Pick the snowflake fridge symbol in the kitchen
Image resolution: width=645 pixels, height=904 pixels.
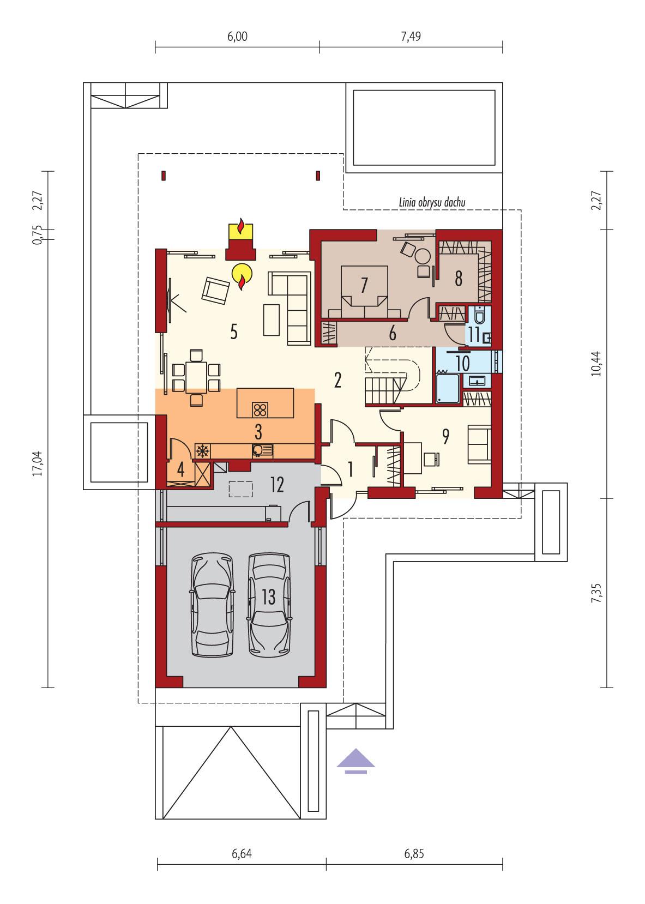point(202,450)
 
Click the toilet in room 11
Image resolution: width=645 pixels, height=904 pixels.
point(480,316)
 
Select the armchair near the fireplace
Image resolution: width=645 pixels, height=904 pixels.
point(216,290)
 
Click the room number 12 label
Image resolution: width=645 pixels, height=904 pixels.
point(277,484)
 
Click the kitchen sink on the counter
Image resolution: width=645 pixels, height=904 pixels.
point(258,450)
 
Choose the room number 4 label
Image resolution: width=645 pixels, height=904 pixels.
point(180,468)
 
